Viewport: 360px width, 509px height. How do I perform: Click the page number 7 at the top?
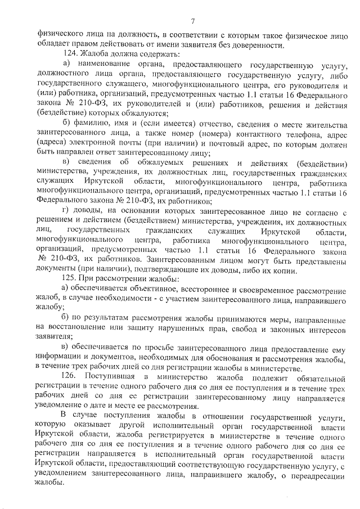(193, 21)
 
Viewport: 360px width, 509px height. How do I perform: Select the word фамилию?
(89, 124)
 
